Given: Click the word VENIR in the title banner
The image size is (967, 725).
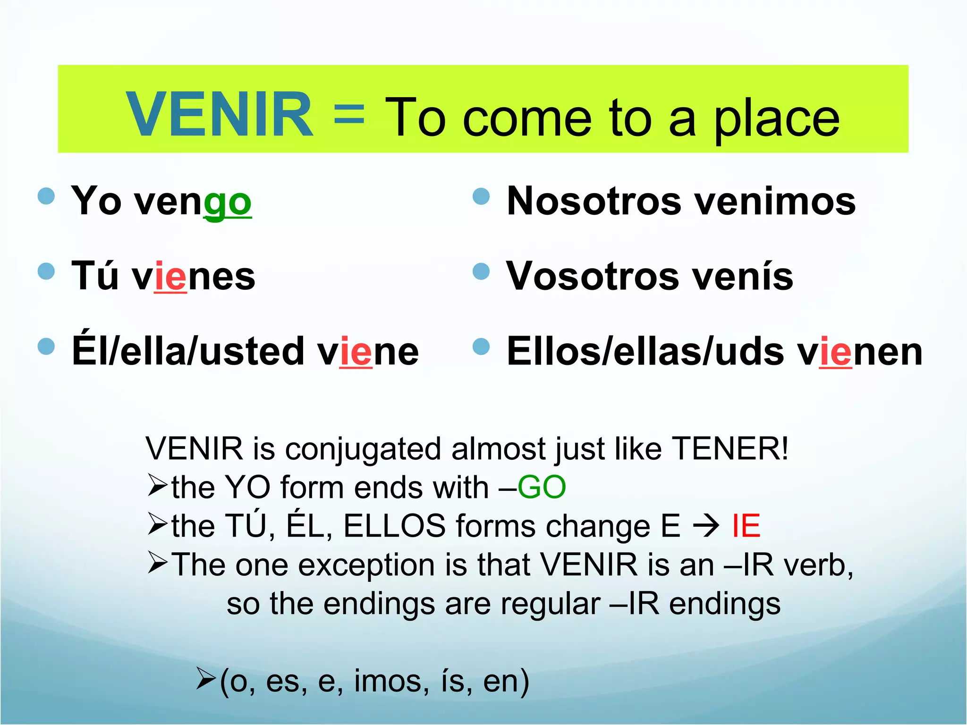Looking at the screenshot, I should click(219, 115).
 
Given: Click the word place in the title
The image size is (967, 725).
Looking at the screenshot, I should click(776, 119).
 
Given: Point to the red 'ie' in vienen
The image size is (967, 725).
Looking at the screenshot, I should click(835, 352).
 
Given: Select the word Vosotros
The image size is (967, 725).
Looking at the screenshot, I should click(592, 277).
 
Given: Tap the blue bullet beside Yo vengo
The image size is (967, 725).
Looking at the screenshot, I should click(46, 196).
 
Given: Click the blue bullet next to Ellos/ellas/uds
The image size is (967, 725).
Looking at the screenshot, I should click(481, 346).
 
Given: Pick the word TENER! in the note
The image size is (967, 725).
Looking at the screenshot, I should click(729, 448).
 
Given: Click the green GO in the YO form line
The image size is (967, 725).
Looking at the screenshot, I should click(542, 487).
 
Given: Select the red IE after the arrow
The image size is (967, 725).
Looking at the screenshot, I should click(746, 526).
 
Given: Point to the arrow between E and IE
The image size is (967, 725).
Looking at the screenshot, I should click(705, 526).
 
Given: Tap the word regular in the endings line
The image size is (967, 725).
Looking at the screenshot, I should click(550, 604).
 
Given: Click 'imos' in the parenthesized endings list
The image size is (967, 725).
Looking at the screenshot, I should click(391, 681).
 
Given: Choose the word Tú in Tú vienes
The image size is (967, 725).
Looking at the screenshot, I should click(94, 276).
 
